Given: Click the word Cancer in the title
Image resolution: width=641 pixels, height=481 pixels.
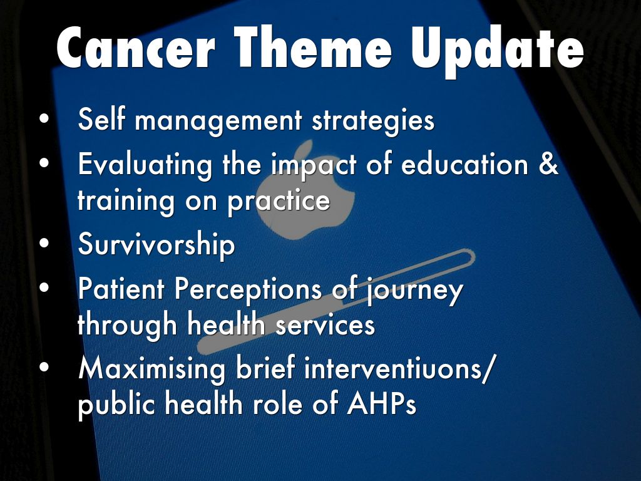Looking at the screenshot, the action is point(135,48).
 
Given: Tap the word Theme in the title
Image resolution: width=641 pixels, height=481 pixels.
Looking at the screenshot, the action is point(312,47).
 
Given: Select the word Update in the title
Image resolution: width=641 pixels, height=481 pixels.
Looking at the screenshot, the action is point(498,51).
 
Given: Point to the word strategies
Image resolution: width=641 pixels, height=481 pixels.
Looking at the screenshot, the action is point(373,121).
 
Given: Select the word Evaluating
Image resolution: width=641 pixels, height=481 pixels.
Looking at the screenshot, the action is point(145,165).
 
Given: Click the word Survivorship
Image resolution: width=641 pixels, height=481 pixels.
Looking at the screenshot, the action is point(156,245).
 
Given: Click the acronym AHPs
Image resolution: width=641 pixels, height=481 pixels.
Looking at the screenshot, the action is point(381,404).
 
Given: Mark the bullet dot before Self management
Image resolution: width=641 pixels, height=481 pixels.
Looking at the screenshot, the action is point(44,118).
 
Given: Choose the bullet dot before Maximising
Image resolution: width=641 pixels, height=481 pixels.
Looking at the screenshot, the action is point(44,367).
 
